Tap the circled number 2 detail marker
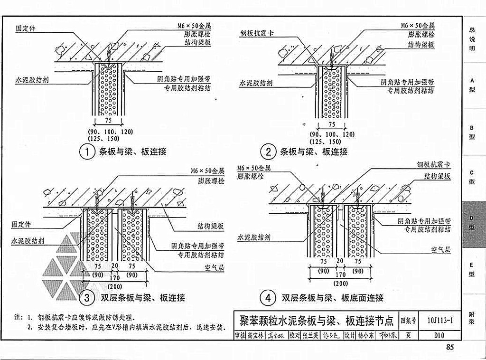click(268, 152)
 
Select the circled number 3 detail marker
click(87, 298)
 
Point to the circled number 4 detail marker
click(268, 298)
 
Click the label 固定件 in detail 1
click(25, 28)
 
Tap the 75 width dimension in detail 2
click(332, 124)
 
